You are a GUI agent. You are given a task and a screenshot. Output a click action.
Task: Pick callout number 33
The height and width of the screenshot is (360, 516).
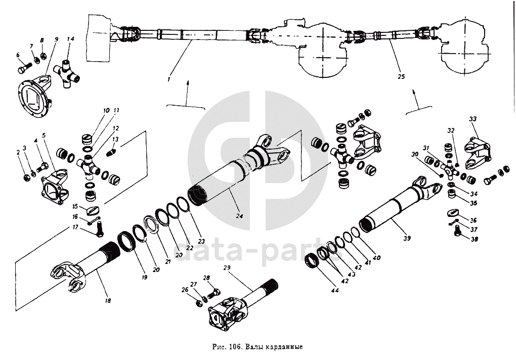coord(472,119)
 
